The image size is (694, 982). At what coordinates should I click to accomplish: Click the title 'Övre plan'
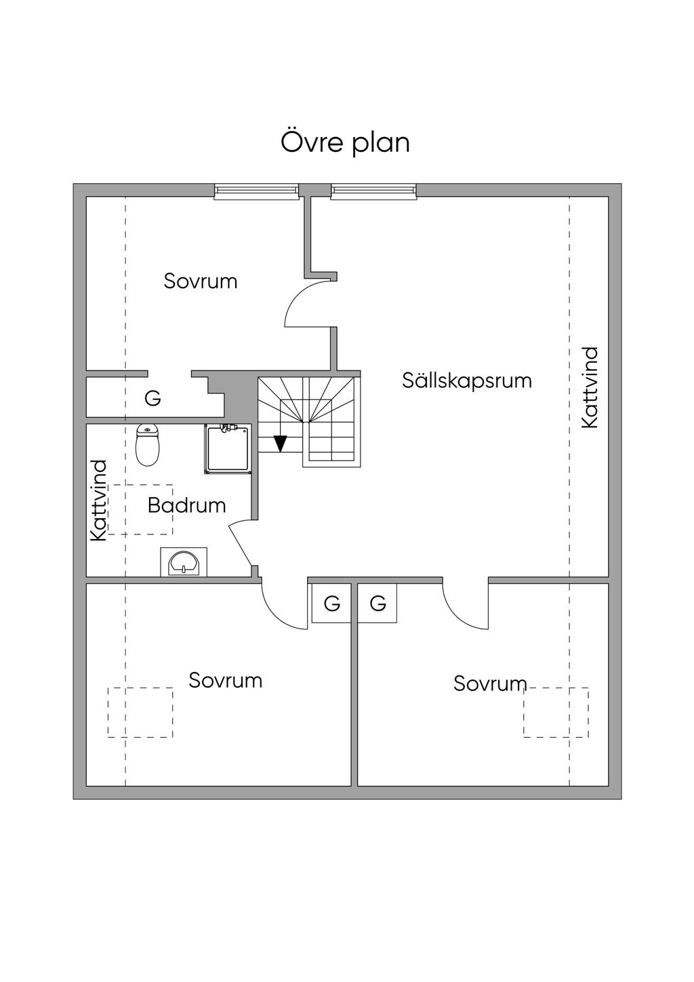(346, 142)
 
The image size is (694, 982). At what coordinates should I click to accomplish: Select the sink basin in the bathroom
(184, 563)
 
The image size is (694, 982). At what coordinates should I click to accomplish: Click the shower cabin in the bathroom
(228, 448)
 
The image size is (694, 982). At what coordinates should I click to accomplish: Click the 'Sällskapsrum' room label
(467, 380)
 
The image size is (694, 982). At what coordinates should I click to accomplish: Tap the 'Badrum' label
(186, 505)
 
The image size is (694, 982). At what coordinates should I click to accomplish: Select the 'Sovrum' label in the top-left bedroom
(201, 281)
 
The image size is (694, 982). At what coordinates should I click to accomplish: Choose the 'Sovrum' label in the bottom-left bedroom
(226, 680)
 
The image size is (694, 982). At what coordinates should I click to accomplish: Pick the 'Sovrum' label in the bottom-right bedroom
(490, 684)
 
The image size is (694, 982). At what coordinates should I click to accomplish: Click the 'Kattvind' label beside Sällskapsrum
(590, 387)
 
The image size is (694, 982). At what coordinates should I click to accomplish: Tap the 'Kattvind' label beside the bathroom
(99, 500)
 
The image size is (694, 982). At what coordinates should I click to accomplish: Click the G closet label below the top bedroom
(153, 399)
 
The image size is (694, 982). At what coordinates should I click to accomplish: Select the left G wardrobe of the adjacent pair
(331, 603)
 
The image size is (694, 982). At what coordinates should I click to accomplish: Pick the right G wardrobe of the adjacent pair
(377, 603)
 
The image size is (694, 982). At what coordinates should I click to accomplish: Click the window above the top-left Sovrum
(257, 192)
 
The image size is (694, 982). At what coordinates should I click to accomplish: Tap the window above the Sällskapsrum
(373, 192)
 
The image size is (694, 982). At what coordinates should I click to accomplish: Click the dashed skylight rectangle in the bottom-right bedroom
(556, 712)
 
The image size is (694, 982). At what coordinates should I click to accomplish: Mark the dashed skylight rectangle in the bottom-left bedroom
(140, 712)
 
